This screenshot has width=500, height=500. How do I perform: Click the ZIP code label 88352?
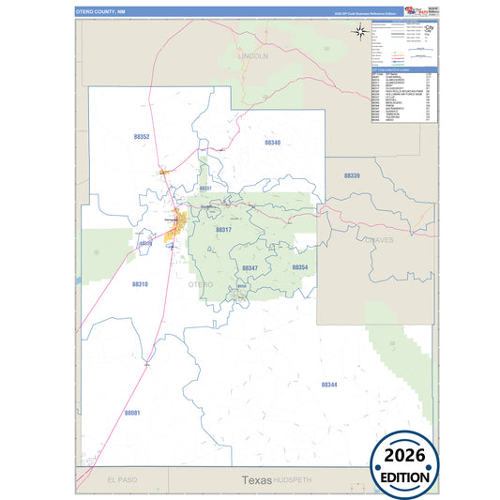[141, 136]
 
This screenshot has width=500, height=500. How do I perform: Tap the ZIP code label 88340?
[272, 143]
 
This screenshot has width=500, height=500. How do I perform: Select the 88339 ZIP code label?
[352, 175]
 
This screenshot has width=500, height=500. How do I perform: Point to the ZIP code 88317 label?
[223, 229]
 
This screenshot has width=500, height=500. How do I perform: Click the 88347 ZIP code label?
[250, 268]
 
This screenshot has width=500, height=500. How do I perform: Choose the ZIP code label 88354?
[300, 268]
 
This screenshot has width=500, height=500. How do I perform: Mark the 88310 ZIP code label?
[140, 283]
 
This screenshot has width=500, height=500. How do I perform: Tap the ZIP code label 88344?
[328, 385]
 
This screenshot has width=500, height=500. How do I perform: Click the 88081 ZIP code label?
[131, 413]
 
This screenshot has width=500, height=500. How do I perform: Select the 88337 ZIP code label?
[205, 189]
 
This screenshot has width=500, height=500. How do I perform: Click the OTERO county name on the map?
[200, 283]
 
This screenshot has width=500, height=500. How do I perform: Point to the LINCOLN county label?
[253, 56]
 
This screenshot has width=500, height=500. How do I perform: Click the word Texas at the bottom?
[256, 479]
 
